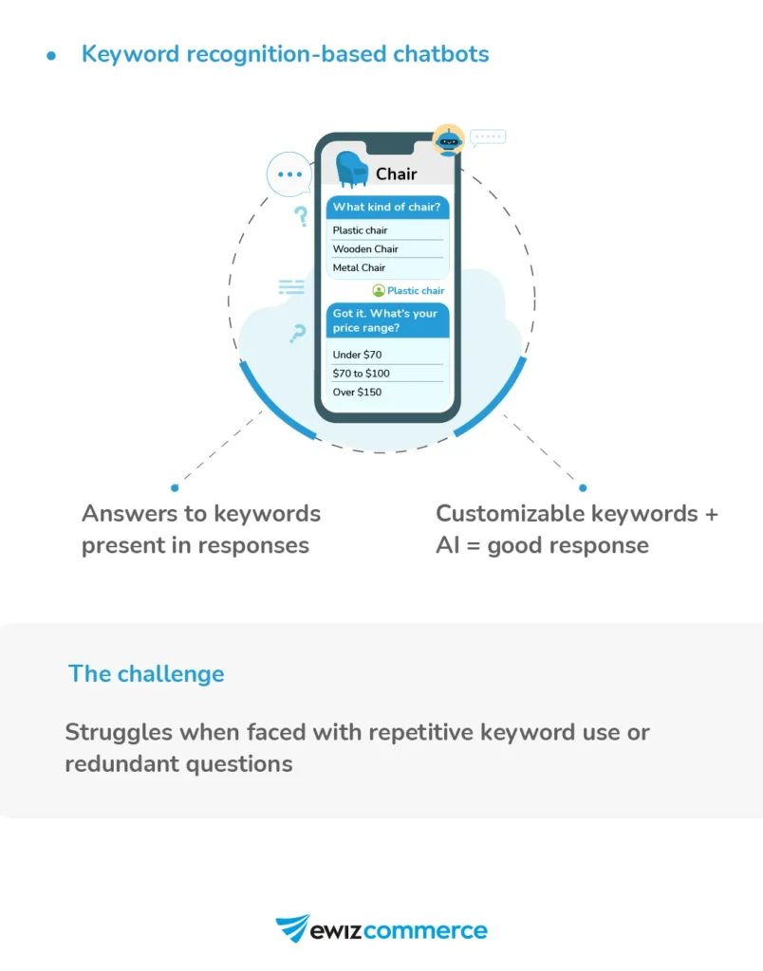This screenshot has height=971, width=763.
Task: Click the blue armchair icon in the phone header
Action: pos(352,169)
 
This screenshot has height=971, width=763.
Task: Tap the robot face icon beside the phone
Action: pos(448,140)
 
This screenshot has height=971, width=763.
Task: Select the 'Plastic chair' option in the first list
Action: pos(361,230)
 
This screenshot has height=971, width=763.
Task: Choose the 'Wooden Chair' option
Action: pos(365,249)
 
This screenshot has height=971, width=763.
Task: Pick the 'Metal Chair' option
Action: pos(360,268)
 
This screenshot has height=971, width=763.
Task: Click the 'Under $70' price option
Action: pos(357,355)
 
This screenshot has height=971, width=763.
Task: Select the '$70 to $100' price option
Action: pos(362,374)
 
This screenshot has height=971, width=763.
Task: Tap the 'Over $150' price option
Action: pos(357,393)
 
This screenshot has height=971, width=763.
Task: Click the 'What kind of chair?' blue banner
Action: pos(387,208)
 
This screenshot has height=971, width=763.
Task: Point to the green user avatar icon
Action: pos(379,291)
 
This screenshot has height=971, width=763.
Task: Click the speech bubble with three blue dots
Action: pos(288,174)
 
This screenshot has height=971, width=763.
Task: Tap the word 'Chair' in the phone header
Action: pos(396,174)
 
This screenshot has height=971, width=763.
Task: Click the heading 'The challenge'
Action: pos(146,674)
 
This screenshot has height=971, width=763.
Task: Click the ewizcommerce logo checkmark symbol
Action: pos(292,927)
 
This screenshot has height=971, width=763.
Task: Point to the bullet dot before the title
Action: pos(51,55)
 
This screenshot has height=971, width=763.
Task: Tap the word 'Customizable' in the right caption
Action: pos(511,514)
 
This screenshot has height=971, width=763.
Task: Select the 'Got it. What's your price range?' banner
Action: pos(387,321)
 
